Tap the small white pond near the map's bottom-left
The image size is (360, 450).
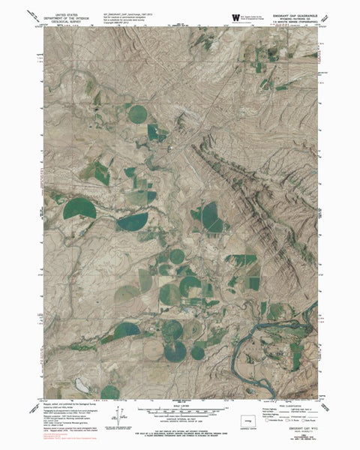pos(80,385)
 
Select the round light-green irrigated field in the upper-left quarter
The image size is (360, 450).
pos(137,114)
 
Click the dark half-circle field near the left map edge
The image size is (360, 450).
pos(81,208)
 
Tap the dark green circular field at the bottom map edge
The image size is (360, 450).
pos(110,391)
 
